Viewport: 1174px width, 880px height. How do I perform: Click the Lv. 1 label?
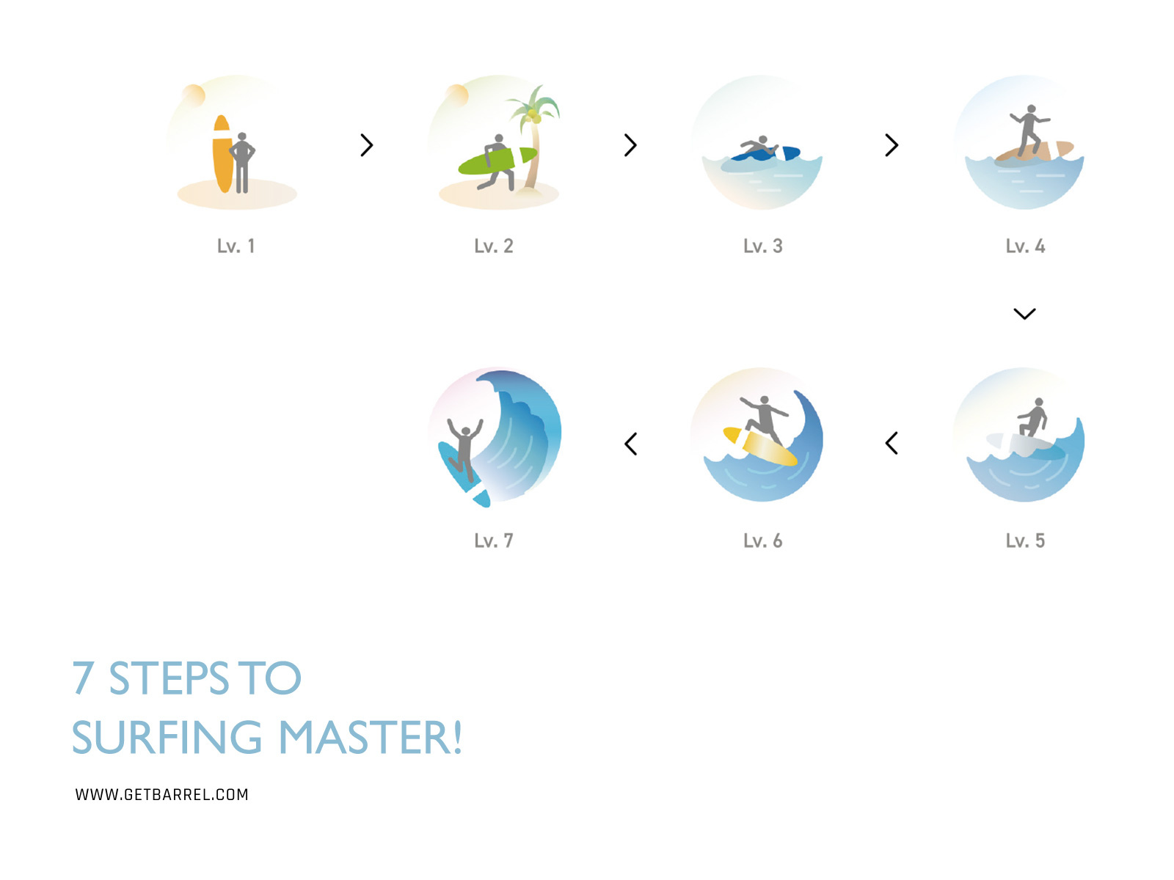(236, 246)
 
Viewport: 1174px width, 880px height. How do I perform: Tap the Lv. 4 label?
(1025, 246)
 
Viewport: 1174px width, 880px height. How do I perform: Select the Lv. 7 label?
(493, 541)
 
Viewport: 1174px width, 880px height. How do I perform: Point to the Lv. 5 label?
(1025, 541)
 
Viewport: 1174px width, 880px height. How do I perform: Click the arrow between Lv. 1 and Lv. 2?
(367, 145)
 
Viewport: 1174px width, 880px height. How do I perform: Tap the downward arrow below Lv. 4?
(1024, 314)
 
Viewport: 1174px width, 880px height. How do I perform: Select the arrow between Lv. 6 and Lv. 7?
(631, 444)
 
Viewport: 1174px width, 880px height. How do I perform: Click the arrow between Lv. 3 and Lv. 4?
(892, 145)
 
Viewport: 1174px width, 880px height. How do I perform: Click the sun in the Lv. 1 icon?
(194, 95)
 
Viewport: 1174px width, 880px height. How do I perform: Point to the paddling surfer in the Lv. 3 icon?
(756, 148)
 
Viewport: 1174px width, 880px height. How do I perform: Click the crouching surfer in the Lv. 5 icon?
(1034, 419)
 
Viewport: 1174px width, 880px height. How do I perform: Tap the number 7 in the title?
(84, 678)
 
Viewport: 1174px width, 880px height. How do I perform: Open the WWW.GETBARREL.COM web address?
(162, 795)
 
